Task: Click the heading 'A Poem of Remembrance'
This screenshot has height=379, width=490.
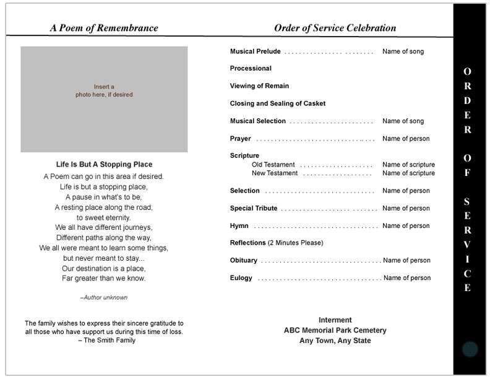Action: (104, 28)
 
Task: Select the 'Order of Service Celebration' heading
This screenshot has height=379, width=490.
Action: (335, 28)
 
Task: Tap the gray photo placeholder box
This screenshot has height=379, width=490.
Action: (104, 99)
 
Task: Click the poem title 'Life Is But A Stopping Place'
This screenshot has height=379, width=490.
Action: (104, 165)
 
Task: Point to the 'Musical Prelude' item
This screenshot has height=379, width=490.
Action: (255, 51)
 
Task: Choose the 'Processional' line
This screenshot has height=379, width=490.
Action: (251, 68)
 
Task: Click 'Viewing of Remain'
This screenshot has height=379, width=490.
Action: (259, 86)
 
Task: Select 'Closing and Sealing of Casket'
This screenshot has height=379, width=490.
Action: (277, 103)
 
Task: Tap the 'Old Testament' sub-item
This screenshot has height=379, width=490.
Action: (273, 165)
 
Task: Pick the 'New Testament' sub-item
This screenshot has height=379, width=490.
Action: (275, 173)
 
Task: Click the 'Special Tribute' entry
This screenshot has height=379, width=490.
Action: (254, 209)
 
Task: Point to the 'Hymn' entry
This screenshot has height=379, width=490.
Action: (239, 226)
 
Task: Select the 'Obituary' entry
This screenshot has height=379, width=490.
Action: (243, 261)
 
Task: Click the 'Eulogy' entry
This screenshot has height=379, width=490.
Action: (241, 278)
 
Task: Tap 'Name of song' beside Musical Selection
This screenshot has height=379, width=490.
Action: (403, 121)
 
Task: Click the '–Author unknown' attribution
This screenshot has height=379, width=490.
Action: (104, 298)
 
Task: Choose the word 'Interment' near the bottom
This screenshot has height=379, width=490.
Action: (335, 320)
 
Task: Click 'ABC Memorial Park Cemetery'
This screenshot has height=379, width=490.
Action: (335, 330)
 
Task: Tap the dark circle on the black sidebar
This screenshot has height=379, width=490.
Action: (470, 349)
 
